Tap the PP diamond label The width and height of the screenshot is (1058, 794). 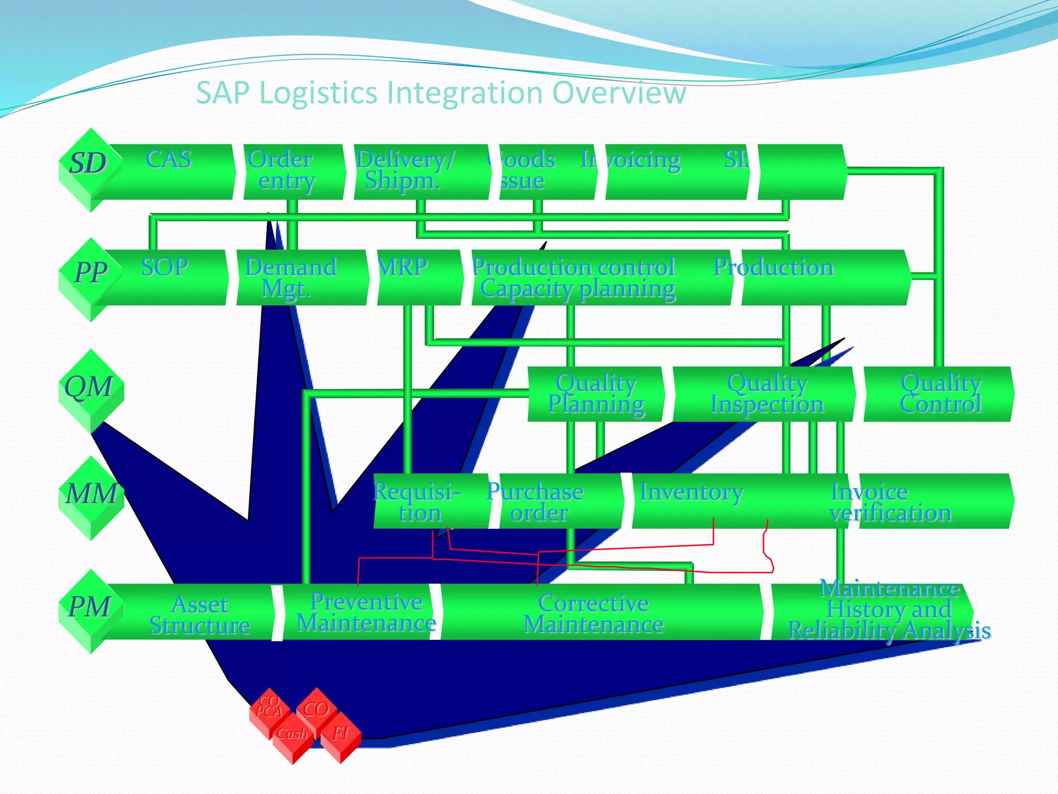[91, 272]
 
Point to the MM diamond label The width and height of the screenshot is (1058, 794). [91, 494]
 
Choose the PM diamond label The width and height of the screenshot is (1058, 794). [90, 607]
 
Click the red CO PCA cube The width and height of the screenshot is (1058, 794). [269, 707]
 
